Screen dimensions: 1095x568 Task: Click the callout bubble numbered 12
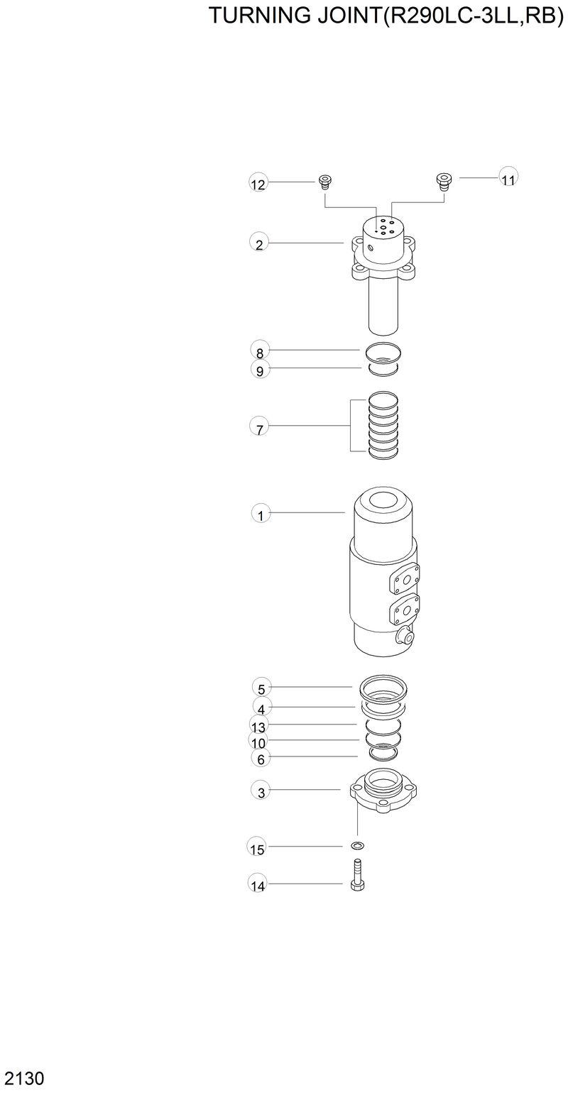coord(258,185)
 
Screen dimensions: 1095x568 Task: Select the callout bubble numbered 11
coord(508,179)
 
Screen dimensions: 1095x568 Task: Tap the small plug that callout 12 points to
coord(326,181)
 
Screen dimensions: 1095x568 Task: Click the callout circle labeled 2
coord(259,244)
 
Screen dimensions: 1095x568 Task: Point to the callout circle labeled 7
coord(260,428)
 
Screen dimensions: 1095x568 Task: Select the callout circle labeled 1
coord(261,515)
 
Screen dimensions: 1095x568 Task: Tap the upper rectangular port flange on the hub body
coord(405,579)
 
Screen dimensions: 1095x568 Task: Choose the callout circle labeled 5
coord(261,688)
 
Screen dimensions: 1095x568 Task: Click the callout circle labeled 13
coord(258,727)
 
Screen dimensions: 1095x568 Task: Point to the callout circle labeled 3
coord(261,792)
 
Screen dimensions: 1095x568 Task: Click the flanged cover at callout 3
coord(383,793)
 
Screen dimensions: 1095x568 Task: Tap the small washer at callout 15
coord(357,846)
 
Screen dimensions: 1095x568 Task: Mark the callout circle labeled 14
coord(258,886)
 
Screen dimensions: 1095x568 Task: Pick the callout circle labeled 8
coord(260,352)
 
